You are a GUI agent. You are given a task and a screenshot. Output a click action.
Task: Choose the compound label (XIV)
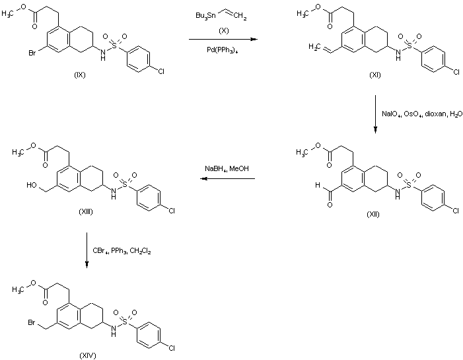(x=87, y=355)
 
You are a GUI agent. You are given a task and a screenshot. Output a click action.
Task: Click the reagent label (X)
(x=224, y=30)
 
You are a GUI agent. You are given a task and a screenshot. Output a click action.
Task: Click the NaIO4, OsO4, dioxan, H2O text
(x=415, y=114)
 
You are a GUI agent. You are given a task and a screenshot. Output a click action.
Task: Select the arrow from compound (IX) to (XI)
(x=223, y=40)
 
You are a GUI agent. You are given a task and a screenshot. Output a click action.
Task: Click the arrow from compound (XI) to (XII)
(x=374, y=114)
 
